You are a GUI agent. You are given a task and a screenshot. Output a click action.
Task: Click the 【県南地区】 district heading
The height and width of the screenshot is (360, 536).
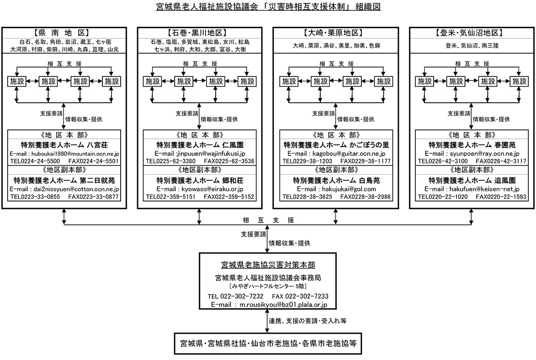64,33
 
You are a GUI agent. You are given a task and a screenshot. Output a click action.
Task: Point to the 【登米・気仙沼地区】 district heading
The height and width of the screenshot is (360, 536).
471,33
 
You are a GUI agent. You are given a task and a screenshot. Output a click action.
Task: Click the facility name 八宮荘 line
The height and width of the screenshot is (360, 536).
64,145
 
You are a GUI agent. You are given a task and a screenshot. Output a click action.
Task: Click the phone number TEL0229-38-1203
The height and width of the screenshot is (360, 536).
307,161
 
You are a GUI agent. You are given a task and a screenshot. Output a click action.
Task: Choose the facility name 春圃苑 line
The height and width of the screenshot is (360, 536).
471,145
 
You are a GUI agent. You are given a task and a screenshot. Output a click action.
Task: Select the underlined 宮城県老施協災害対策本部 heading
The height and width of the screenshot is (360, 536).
268,265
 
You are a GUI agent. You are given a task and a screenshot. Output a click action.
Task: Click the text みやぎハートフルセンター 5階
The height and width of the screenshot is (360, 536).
268,286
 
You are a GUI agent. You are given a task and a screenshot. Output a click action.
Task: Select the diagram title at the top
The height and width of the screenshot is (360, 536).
268,7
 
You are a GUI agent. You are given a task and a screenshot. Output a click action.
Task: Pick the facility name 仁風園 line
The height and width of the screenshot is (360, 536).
200,145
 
